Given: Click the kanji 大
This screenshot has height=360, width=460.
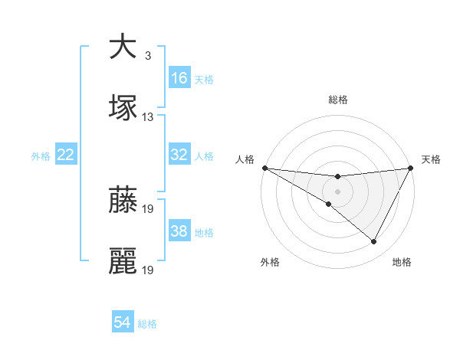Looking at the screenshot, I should [x=123, y=47].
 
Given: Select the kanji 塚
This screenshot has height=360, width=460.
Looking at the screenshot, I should [x=123, y=108].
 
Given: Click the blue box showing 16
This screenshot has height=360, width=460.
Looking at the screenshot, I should [x=179, y=78].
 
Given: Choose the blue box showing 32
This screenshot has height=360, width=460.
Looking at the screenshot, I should [x=179, y=155].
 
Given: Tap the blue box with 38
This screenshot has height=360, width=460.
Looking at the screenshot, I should [x=179, y=231].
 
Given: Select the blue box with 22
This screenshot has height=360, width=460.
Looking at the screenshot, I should [x=66, y=155].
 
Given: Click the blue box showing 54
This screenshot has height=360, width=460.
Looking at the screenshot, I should [x=123, y=322].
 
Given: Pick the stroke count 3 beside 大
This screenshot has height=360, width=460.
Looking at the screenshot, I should [x=147, y=56].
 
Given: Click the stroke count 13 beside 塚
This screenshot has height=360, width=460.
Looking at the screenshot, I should [x=148, y=117].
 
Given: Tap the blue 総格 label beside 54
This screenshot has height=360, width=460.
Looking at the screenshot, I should [x=148, y=324].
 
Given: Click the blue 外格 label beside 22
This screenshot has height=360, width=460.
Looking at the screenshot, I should [x=41, y=155].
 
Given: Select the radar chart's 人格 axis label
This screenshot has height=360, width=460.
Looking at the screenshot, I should [x=245, y=159].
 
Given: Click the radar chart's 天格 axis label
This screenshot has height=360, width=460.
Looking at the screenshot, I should [x=432, y=159].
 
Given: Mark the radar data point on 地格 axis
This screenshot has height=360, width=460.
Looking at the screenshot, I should [x=374, y=242].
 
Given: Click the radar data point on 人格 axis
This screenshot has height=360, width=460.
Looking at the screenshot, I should [x=264, y=168].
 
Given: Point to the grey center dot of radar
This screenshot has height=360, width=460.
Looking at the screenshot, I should [x=337, y=191].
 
